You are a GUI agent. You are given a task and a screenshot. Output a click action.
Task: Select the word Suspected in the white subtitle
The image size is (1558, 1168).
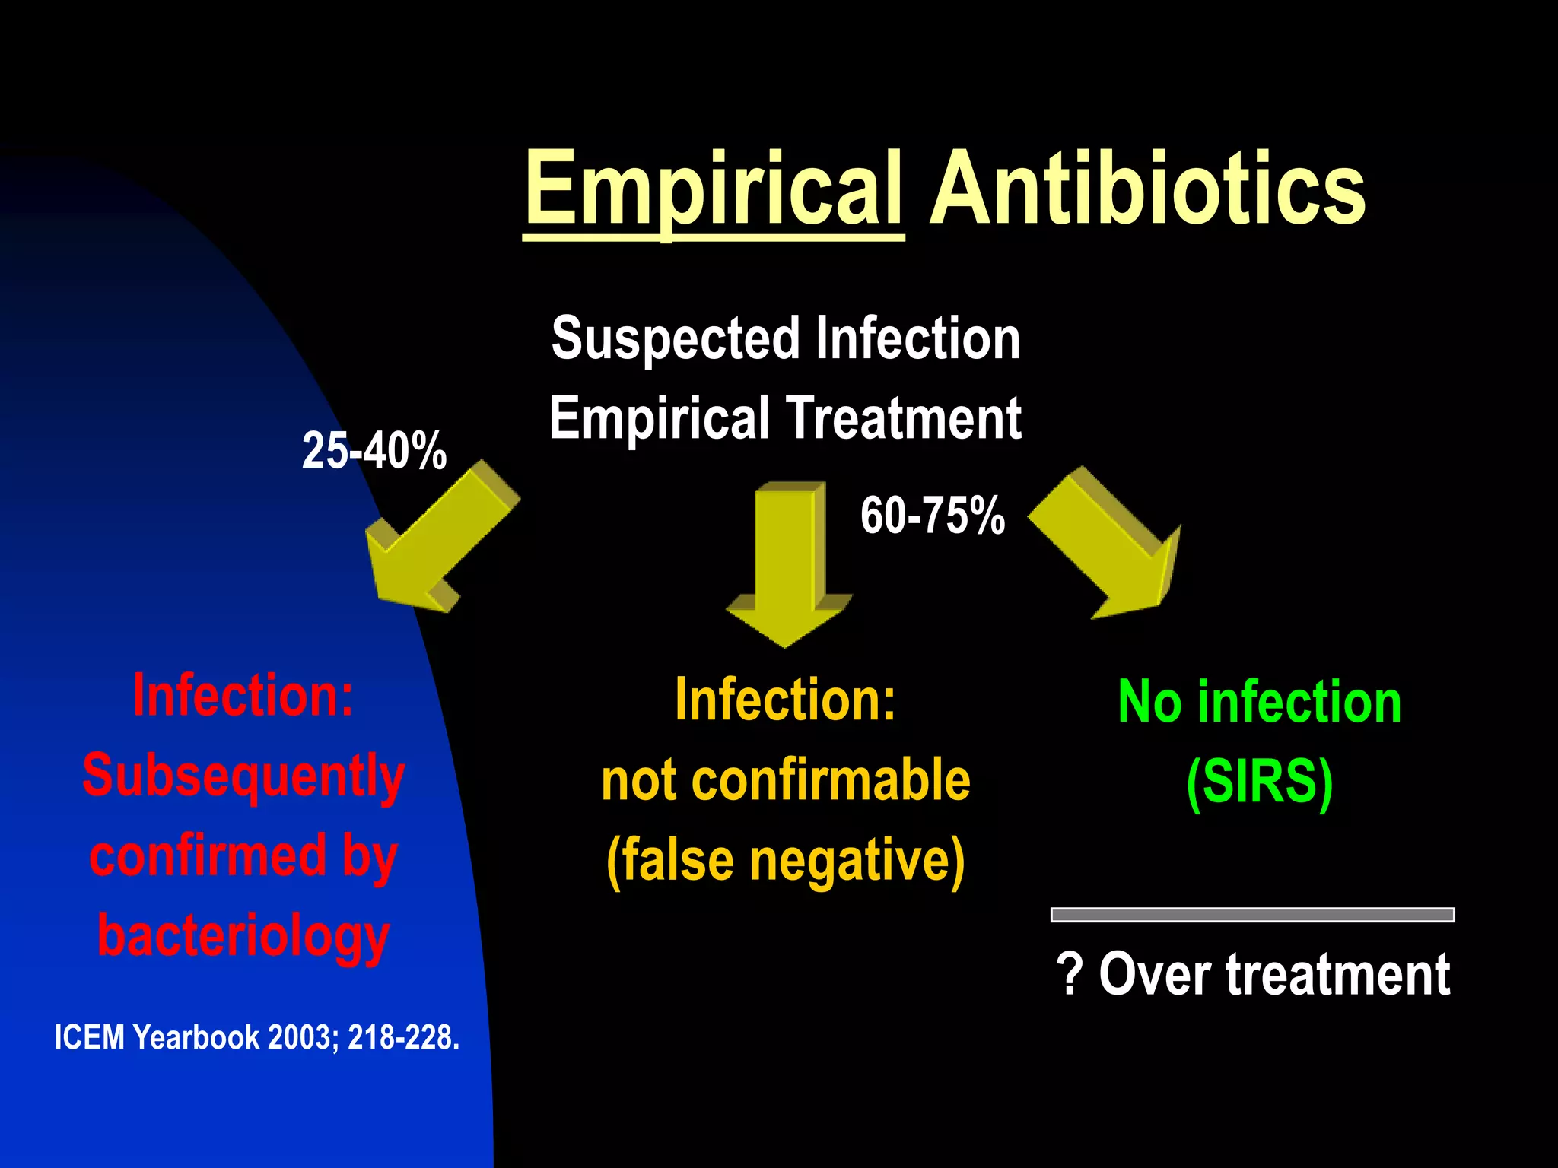[x=676, y=339]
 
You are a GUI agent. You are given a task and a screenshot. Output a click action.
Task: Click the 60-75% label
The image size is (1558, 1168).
[x=933, y=516]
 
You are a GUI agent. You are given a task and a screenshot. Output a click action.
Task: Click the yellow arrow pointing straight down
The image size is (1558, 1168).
[x=788, y=563]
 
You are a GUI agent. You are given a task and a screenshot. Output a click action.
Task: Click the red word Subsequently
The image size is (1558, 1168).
[x=243, y=776]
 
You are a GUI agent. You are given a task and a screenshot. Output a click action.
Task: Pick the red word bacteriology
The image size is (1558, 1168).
[x=243, y=936]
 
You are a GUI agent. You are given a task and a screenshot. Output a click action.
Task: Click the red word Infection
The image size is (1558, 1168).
[x=243, y=695]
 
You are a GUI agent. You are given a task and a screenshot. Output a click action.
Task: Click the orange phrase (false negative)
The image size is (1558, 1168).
[x=786, y=861]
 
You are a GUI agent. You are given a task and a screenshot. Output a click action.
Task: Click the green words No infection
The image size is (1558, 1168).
[x=1260, y=702]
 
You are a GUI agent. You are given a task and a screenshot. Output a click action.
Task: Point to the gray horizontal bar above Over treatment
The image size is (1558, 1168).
[x=1252, y=915]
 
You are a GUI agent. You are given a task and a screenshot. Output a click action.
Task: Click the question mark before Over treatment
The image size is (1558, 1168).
[x=1070, y=974]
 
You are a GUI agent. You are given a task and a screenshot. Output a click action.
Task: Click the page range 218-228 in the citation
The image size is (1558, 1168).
[x=402, y=1038]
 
